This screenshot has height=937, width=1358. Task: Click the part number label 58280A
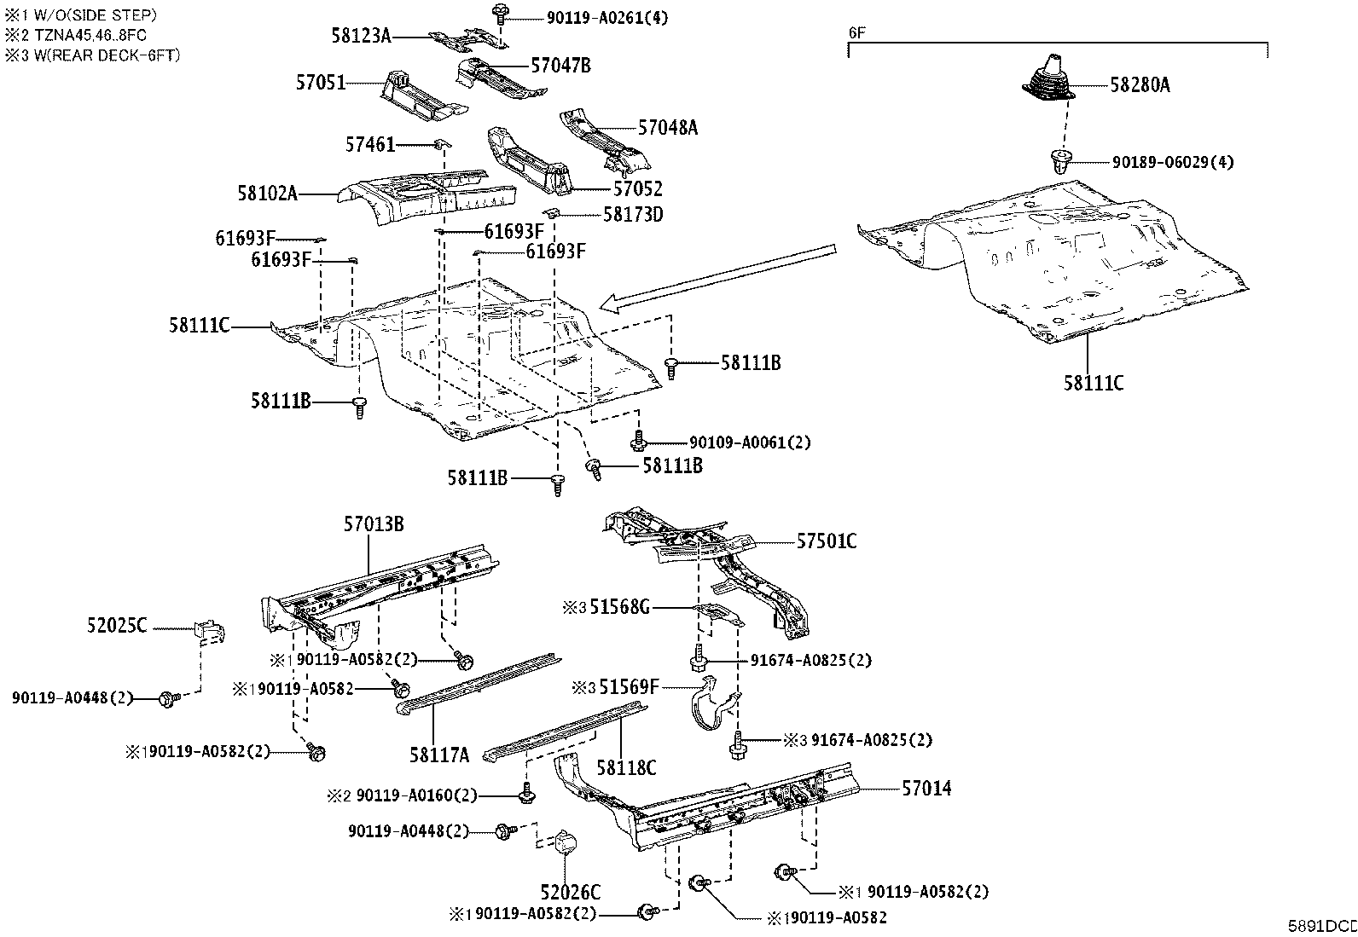[1140, 84]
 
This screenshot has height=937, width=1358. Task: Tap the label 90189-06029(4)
[1172, 162]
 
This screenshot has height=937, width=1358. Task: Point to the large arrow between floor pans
[717, 276]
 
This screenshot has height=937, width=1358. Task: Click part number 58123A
[361, 35]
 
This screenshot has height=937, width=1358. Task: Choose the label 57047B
[560, 65]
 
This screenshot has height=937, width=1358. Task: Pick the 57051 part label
[321, 83]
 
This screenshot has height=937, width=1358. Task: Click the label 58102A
[267, 194]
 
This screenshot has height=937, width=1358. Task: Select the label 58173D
[633, 214]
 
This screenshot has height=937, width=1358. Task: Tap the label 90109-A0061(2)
[750, 442]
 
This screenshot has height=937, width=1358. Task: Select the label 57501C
[827, 541]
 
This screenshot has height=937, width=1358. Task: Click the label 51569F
[629, 686]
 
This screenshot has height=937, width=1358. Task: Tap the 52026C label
[570, 893]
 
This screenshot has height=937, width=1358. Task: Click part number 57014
[926, 789]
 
